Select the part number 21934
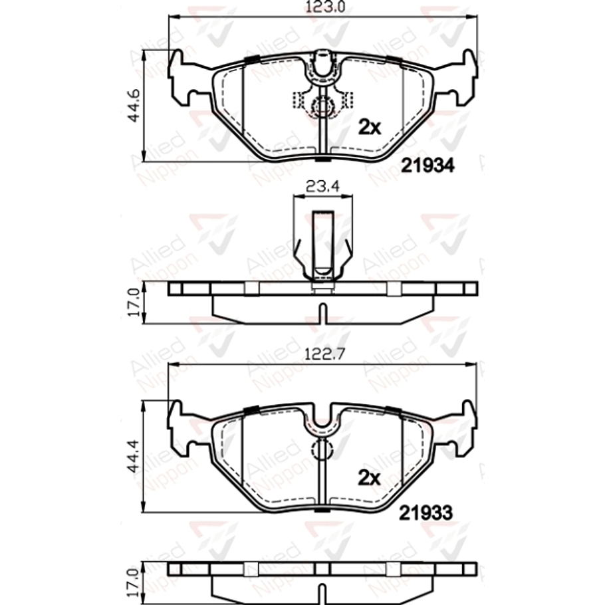[428, 166]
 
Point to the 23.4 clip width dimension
[322, 187]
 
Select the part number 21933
[427, 513]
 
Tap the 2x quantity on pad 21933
[370, 477]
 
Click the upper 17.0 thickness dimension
[133, 302]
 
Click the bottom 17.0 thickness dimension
[133, 582]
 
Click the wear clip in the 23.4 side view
[322, 243]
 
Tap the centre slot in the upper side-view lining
[322, 312]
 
